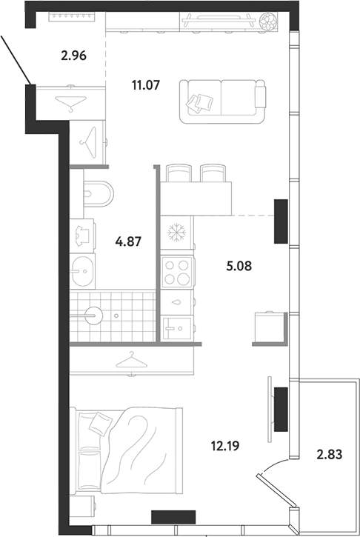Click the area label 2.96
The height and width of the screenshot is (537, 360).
point(73,55)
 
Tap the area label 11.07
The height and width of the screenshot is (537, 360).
point(146,84)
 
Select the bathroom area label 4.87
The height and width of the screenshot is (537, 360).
point(128,241)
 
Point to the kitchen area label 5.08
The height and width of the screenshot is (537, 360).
point(239,266)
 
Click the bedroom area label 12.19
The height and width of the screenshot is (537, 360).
point(225,446)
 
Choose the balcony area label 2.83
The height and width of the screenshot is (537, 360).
point(329,455)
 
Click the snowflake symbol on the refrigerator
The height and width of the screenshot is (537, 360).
point(176,233)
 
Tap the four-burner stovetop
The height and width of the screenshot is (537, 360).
point(177,273)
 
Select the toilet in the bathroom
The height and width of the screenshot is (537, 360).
point(99,194)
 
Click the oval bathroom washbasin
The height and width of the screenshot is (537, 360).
point(82,272)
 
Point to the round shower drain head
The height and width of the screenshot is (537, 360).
point(93,316)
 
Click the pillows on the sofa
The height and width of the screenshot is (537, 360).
point(199,103)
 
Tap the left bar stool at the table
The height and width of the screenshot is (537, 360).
point(179,173)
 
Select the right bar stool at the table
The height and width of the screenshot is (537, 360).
point(213,173)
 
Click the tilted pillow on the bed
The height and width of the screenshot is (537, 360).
point(100,422)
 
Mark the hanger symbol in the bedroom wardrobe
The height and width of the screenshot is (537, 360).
point(132,360)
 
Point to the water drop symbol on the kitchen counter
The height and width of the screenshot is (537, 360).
point(177,302)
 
